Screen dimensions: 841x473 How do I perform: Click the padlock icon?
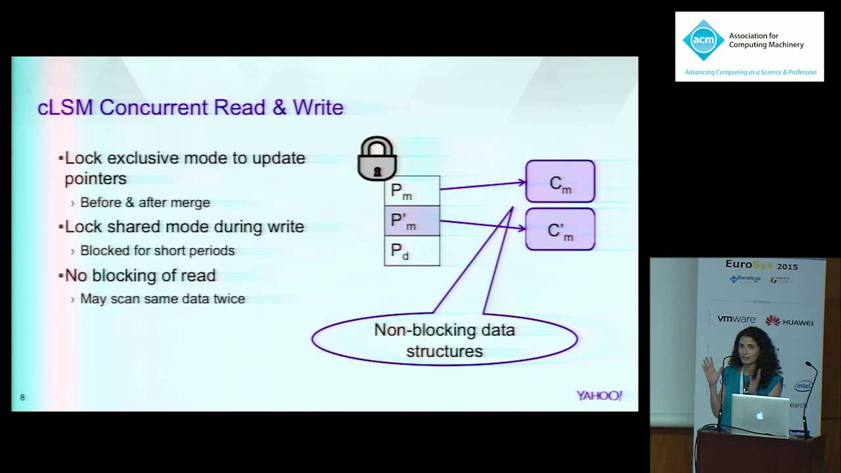click(x=377, y=159)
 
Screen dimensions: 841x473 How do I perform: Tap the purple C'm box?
click(x=560, y=229)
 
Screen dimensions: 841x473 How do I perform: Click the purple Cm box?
click(x=560, y=181)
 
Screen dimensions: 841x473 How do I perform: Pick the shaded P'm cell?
click(x=412, y=221)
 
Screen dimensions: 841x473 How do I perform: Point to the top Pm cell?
click(x=412, y=191)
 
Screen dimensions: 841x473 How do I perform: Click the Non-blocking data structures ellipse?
click(x=444, y=340)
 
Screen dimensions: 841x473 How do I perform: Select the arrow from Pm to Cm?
click(x=482, y=185)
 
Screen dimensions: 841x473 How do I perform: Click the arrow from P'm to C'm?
click(x=482, y=225)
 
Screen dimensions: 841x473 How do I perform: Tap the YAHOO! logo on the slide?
click(x=599, y=395)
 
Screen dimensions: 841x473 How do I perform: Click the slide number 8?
click(x=22, y=397)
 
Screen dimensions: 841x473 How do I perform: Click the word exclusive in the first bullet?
click(x=143, y=158)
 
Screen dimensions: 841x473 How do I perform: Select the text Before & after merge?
click(x=145, y=202)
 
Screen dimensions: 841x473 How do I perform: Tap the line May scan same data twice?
click(x=162, y=299)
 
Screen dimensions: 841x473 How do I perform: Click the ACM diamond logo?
click(x=703, y=40)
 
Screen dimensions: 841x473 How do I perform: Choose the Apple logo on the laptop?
click(x=760, y=416)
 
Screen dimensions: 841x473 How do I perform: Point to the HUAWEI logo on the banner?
click(x=789, y=321)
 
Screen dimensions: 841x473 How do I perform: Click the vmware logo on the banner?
click(x=736, y=319)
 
